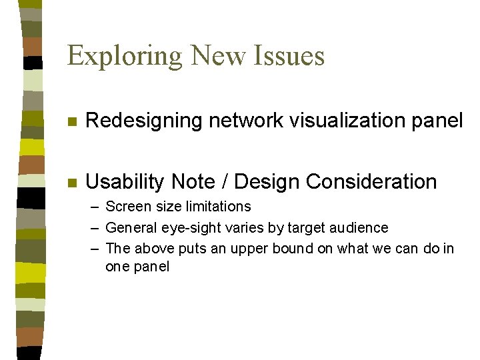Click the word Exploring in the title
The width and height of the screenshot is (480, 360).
[125, 55]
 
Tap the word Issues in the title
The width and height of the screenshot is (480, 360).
[289, 55]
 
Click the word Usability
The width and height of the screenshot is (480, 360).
[126, 182]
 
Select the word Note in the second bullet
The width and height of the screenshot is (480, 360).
[193, 181]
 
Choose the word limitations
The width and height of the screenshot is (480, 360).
[215, 207]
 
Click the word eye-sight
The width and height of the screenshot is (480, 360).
[192, 228]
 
